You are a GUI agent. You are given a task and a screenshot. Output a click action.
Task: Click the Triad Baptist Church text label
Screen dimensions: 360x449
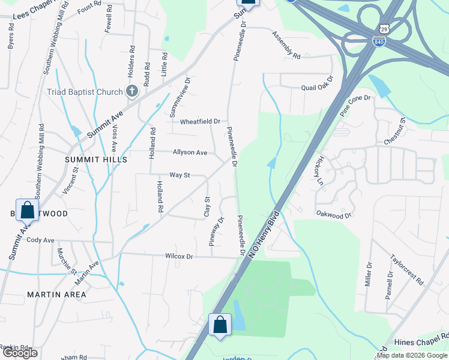coord(85,92)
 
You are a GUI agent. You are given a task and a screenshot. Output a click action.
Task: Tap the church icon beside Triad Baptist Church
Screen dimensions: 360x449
coord(132,92)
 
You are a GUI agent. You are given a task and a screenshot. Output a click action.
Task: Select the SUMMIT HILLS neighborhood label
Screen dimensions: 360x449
coord(96,160)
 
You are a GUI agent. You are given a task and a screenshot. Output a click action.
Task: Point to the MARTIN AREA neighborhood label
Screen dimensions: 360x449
coord(56,295)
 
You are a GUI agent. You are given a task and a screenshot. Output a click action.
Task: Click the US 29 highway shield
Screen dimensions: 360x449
coord(384,29)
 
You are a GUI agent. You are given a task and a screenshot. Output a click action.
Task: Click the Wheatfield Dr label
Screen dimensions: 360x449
coord(200,121)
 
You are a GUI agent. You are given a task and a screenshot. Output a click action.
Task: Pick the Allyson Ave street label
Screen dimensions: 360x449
coord(190,153)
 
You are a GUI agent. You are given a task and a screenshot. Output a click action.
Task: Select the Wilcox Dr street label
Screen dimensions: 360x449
coord(179,256)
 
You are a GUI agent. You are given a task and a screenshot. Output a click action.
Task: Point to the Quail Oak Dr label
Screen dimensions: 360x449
coord(316,87)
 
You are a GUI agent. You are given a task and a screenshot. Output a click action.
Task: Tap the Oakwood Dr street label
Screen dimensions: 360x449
coord(333,214)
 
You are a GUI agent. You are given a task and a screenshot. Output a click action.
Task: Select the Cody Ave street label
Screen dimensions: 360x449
coord(40,240)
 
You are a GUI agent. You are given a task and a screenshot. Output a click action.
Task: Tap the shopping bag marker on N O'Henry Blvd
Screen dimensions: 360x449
coord(220,325)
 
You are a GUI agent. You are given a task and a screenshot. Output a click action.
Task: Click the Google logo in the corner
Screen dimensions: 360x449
coord(20,353)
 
